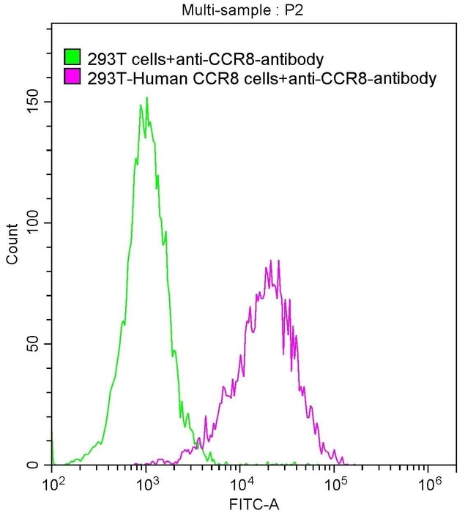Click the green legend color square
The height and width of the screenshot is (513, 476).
coord(72,58)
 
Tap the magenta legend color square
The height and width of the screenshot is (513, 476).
coord(72,77)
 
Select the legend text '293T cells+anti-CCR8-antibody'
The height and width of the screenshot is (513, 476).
coord(204,58)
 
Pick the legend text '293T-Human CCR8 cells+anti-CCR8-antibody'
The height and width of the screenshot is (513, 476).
coord(261,77)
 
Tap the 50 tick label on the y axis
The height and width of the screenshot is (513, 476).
coord(37,344)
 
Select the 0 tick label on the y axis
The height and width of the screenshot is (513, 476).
coord(40,465)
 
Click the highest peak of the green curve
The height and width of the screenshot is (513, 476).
coord(146,98)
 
